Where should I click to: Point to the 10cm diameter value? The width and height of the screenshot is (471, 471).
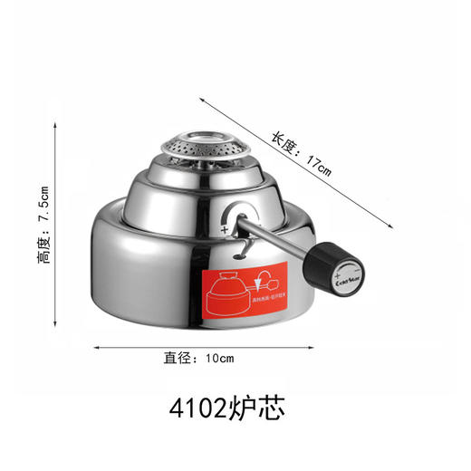(219, 358)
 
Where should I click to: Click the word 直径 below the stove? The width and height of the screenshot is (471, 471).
(176, 358)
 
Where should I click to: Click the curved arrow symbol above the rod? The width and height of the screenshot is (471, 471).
(235, 216)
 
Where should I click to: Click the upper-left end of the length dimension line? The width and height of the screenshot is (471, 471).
(200, 77)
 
